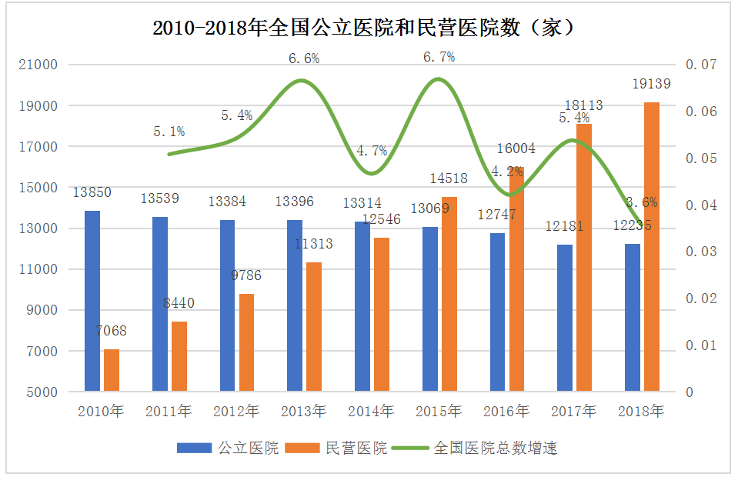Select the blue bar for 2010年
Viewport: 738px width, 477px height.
[92, 301]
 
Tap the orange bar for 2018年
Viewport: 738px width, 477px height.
[651, 247]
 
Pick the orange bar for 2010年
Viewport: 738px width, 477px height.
[112, 370]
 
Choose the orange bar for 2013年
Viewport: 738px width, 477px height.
[314, 327]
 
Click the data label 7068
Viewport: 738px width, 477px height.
[112, 332]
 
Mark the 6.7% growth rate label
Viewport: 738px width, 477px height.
[439, 57]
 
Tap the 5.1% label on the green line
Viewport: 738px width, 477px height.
[169, 132]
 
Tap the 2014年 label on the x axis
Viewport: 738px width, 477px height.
[372, 412]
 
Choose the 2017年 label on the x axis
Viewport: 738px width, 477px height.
[574, 412]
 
